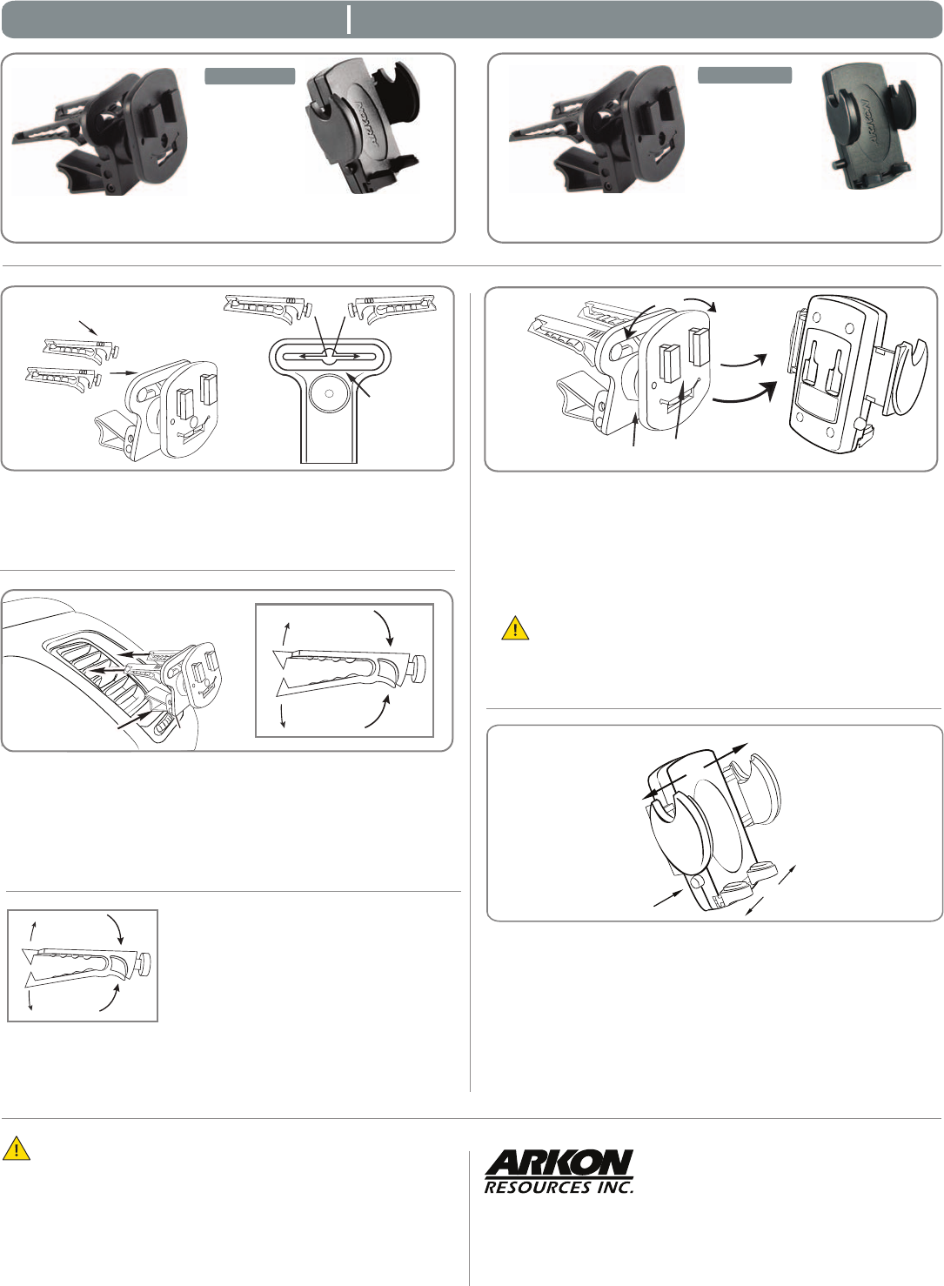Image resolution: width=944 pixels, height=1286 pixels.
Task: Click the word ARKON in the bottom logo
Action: [559, 1163]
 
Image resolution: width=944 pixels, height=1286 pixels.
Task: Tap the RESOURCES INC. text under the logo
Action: [559, 1187]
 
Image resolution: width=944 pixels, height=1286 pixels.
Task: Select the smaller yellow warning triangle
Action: [515, 629]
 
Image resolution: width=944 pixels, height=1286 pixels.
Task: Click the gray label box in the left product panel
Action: [250, 77]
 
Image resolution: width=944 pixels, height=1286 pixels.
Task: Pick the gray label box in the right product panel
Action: [745, 76]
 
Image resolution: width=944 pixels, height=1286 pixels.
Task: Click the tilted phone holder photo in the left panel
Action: [363, 128]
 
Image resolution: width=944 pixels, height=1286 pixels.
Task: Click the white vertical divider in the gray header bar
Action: [349, 20]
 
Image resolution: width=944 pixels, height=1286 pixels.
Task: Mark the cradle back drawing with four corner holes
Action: [826, 374]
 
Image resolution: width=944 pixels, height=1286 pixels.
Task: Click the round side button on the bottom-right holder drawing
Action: [697, 881]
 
